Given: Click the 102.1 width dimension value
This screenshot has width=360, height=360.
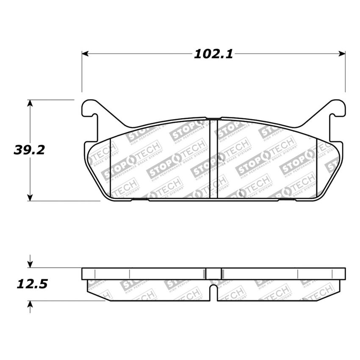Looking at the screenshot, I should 213,54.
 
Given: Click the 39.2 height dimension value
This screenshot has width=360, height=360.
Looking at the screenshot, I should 29,150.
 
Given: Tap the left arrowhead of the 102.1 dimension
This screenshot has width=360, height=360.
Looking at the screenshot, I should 85,54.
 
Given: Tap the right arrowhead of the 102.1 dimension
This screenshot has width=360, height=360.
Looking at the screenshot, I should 342,54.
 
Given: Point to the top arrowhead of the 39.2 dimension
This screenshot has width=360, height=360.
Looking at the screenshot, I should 30,103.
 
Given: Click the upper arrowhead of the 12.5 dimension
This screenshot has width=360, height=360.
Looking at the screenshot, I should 30,264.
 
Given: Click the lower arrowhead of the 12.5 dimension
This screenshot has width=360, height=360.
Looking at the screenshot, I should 30,304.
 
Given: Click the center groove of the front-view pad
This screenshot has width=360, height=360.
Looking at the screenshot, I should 214,159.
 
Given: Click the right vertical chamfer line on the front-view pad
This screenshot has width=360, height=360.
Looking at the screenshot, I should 317,167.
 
